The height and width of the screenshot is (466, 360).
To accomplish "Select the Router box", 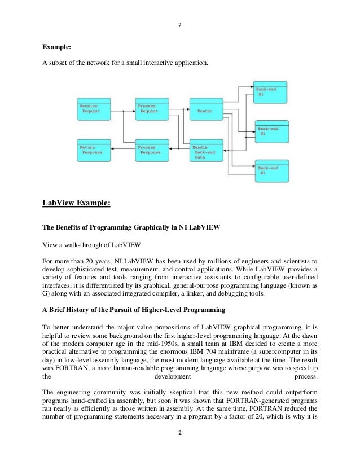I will [206, 108].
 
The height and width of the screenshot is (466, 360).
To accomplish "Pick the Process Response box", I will [151, 150].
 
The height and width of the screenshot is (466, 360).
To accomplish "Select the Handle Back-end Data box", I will [206, 150].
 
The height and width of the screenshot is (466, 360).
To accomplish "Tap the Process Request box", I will [151, 108].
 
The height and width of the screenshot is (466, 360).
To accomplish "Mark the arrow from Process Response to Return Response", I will [123, 148].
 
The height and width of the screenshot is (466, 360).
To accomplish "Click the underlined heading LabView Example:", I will [78, 202].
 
